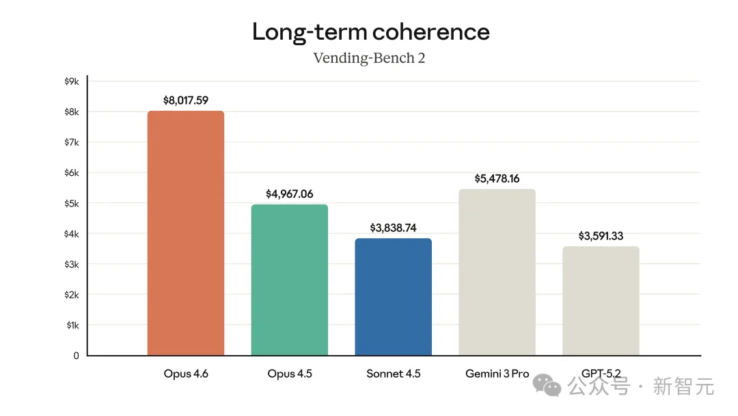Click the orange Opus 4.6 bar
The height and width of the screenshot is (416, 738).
click(x=186, y=233)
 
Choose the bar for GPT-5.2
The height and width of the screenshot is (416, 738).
click(x=601, y=300)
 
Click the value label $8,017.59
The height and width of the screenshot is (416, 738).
click(x=186, y=101)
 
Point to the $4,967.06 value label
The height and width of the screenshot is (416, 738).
click(x=290, y=194)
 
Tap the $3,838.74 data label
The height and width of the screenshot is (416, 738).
click(x=394, y=229)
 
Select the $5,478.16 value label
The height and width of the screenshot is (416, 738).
click(x=497, y=179)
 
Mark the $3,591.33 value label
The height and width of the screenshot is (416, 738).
click(x=601, y=236)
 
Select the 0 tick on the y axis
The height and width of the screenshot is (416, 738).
click(x=76, y=356)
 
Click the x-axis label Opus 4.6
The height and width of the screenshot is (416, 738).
click(x=186, y=374)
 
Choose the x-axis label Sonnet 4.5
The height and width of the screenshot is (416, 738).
click(x=394, y=374)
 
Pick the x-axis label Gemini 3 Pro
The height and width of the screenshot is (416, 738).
click(x=497, y=374)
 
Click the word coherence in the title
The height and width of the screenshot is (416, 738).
click(x=430, y=31)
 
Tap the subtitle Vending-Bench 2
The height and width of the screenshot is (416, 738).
click(x=369, y=58)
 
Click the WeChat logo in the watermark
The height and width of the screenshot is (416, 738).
click(x=549, y=385)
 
